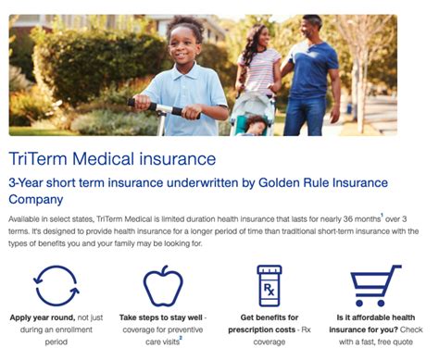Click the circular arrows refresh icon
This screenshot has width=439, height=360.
tap(55, 285)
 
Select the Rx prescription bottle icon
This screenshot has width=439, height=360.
tap(269, 285)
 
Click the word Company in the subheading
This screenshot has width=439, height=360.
tap(36, 199)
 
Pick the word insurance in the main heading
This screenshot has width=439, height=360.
tap(171, 159)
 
